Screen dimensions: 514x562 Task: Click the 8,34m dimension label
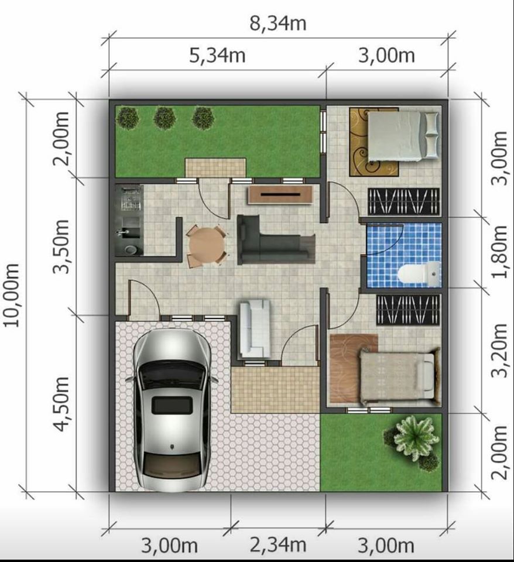click(278, 23)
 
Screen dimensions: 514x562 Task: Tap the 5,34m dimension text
click(217, 56)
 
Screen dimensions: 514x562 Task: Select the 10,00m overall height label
click(12, 295)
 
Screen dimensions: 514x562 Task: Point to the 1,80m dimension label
click(499, 252)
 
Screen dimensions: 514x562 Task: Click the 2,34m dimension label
click(278, 545)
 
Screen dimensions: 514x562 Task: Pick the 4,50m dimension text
click(61, 404)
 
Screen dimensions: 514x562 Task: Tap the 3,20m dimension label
click(499, 351)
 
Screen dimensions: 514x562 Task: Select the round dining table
click(207, 246)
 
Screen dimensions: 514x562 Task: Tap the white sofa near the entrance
click(255, 328)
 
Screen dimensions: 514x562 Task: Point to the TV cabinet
click(280, 195)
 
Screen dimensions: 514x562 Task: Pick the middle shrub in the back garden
click(164, 117)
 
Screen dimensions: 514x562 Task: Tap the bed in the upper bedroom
click(403, 136)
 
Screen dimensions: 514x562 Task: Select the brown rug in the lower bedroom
click(354, 368)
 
